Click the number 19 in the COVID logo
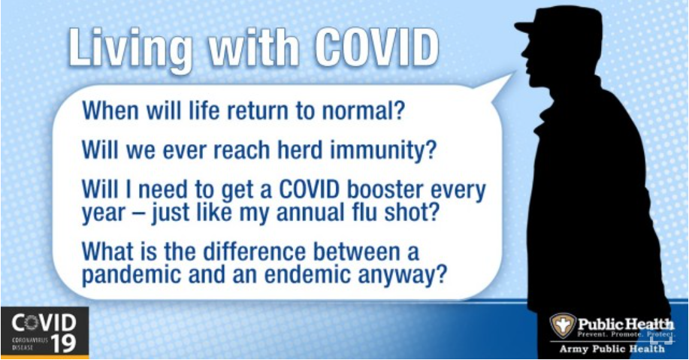63,343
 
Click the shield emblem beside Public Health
562,325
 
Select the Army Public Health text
612,349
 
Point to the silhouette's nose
524,55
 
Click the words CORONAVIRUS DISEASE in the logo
30,343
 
